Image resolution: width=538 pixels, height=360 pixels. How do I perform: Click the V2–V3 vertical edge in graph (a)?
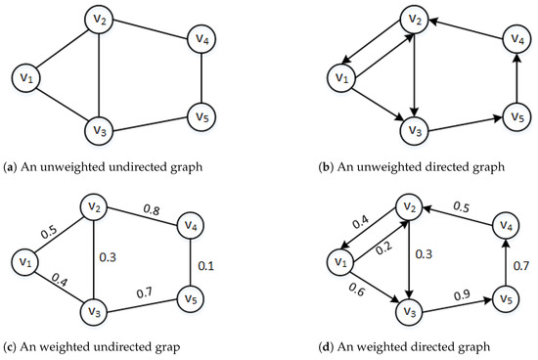click(100, 78)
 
